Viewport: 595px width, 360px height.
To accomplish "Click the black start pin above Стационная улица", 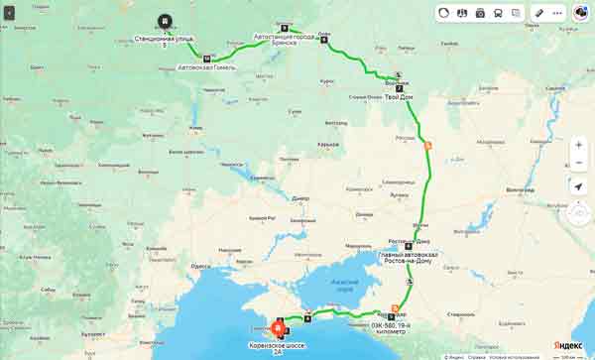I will (x=163, y=22).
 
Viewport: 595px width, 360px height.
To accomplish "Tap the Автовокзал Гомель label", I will (x=204, y=67).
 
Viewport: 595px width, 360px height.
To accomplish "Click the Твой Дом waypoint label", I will (x=399, y=98).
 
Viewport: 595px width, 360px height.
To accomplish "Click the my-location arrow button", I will (x=579, y=185).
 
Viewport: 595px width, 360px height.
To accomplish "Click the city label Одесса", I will (x=201, y=266).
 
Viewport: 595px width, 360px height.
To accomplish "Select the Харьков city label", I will (x=328, y=145).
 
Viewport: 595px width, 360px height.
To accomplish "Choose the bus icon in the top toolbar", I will (x=498, y=13).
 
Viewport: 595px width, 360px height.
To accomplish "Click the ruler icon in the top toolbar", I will (x=539, y=13).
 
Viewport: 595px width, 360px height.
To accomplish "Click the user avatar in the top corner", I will (x=580, y=13).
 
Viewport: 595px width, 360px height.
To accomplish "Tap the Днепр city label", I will (x=300, y=197).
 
